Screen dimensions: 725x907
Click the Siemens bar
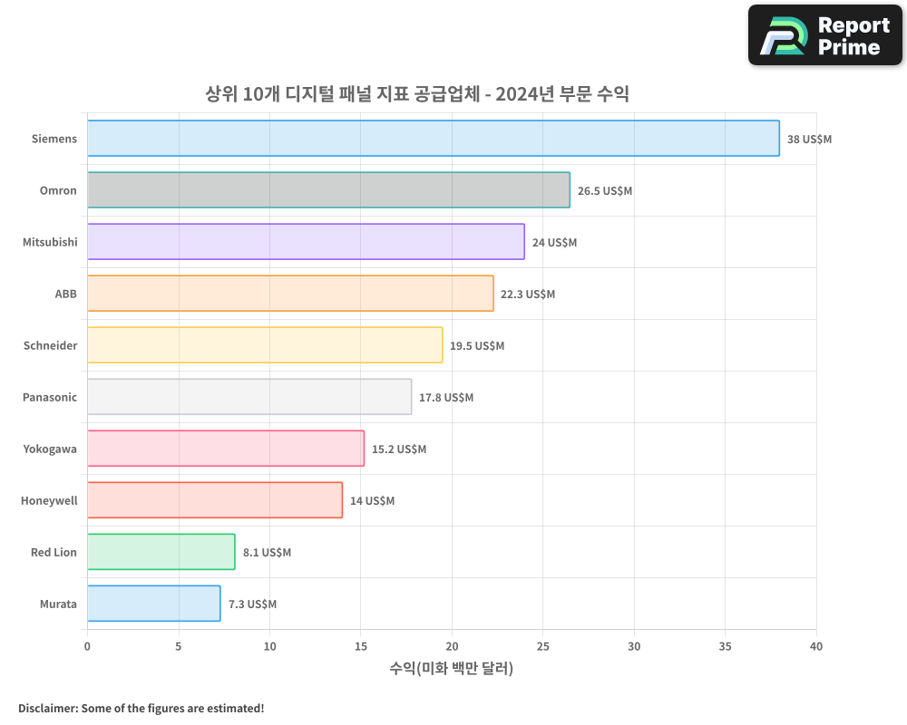coord(434,139)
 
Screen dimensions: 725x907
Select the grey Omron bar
coord(328,190)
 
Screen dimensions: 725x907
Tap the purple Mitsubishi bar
coord(306,242)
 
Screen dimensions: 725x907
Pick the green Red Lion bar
coord(161,552)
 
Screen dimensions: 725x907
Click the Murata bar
coord(154,604)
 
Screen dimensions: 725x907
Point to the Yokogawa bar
coord(226,449)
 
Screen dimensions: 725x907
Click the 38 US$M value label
coord(809,140)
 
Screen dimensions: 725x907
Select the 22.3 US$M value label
coord(528,295)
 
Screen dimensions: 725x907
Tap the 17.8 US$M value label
coord(446,398)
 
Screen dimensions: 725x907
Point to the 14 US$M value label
coord(372,501)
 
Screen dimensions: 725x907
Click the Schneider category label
coord(50,346)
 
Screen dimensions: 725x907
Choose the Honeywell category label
coord(49,501)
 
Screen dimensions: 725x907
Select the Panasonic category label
coord(50,398)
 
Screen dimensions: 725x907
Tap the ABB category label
coord(65,295)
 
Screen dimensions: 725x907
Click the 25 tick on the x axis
coord(542,647)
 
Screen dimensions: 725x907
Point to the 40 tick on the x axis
coord(816,647)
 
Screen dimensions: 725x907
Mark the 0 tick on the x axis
coord(87,647)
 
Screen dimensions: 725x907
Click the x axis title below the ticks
coord(452,669)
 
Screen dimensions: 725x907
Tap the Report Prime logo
coord(825,35)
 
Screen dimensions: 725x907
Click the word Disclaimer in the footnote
coord(47,709)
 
